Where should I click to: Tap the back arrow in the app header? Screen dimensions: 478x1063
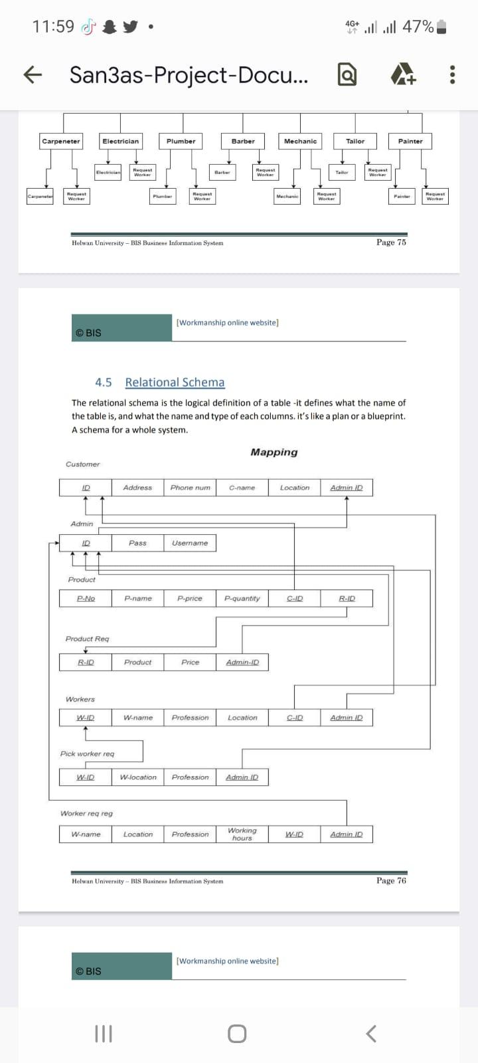[28, 75]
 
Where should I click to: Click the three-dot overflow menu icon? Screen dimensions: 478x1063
[452, 75]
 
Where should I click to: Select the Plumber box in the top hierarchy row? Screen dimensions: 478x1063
[181, 141]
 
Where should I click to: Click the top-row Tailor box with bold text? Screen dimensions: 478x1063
[355, 141]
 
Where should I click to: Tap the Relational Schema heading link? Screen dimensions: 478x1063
[175, 382]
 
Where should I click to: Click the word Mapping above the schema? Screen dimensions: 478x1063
[274, 452]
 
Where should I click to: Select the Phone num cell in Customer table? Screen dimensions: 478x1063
[190, 488]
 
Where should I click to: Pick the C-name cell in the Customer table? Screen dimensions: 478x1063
[242, 488]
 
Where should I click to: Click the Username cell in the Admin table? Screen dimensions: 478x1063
[190, 543]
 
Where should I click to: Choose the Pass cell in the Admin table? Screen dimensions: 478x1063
[137, 543]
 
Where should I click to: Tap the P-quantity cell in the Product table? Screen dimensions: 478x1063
[242, 599]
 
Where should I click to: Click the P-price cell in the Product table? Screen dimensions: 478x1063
[190, 599]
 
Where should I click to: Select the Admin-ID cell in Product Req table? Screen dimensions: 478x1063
[242, 662]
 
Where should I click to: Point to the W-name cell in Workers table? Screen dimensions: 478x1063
[137, 718]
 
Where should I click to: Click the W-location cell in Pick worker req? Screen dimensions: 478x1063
[137, 777]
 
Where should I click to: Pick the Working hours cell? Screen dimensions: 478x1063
[242, 834]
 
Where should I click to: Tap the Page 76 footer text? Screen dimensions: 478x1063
[391, 881]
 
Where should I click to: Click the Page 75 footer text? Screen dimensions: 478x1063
[391, 242]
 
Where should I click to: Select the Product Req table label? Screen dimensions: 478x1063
[87, 639]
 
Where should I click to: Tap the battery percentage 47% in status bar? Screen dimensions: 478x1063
[418, 27]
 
